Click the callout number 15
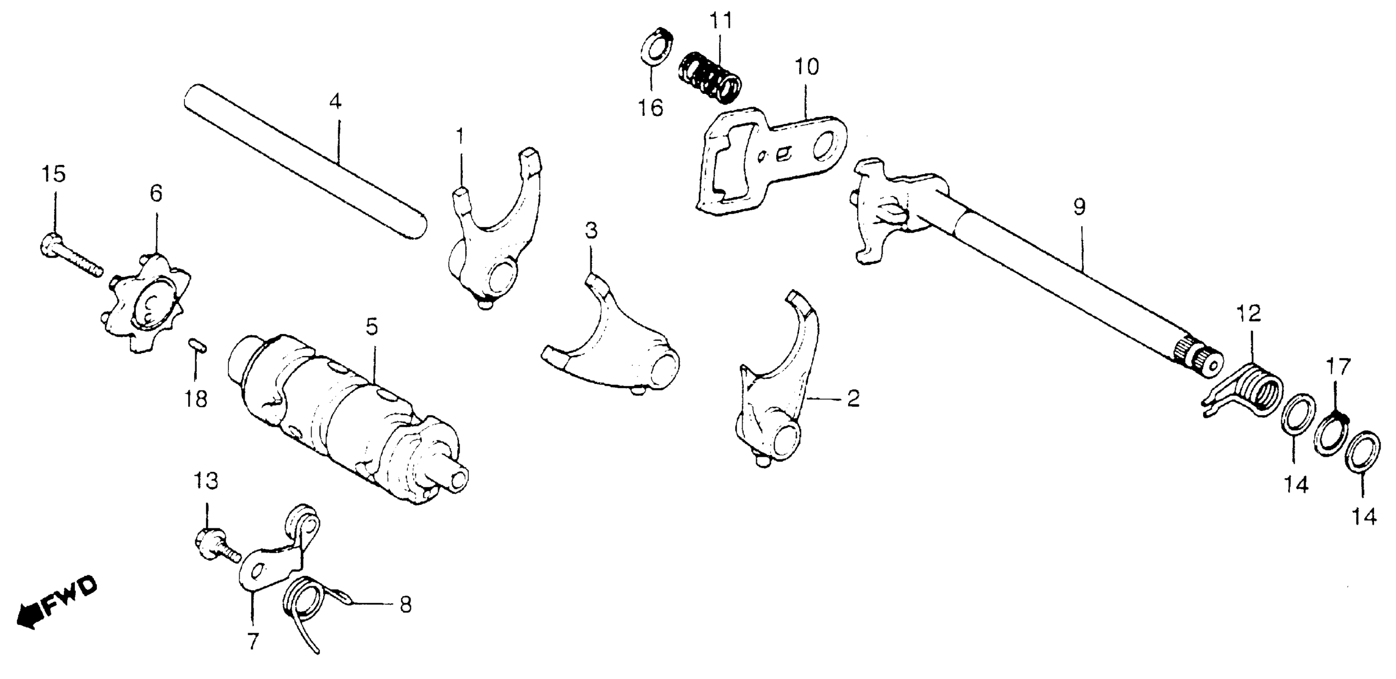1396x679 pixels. pos(54,174)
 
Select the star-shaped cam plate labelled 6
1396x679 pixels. pos(146,304)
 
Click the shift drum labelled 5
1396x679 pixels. pos(347,417)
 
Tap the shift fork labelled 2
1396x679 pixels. pos(775,390)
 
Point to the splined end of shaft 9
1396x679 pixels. pos(1200,358)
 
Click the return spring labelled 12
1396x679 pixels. pos(1252,390)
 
